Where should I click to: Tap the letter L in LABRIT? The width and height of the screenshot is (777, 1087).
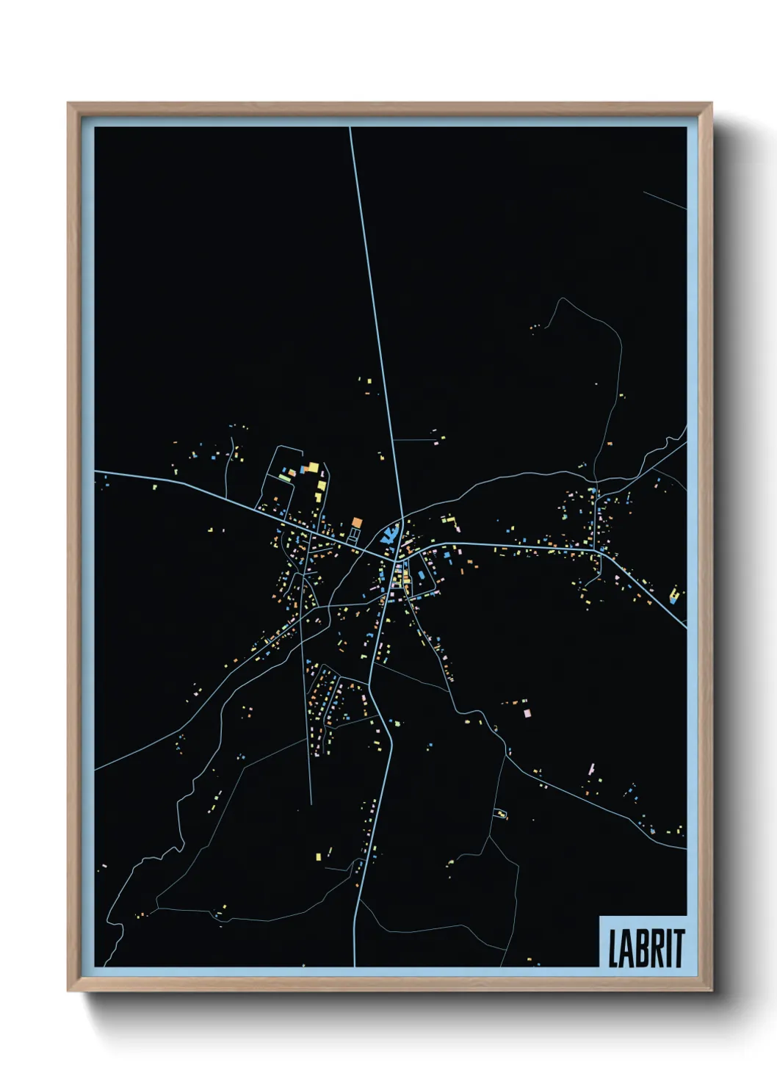point(613,948)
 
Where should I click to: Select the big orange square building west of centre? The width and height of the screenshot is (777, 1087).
point(357,522)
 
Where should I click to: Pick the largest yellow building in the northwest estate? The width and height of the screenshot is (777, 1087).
point(312,467)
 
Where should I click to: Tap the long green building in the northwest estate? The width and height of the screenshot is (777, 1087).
point(284,478)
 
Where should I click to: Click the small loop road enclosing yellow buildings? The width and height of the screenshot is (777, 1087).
point(500,813)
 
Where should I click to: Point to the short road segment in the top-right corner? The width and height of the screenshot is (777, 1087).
point(665,200)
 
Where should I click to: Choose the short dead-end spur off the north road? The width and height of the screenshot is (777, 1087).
point(415,440)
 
